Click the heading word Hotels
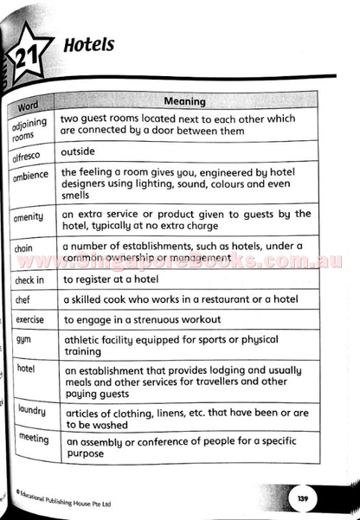pyautogui.click(x=89, y=44)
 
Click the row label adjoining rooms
pyautogui.click(x=30, y=129)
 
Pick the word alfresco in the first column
pyautogui.click(x=30, y=156)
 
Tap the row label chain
pyautogui.click(x=24, y=249)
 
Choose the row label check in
pyautogui.click(x=29, y=280)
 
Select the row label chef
pyautogui.click(x=23, y=299)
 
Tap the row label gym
pyautogui.click(x=23, y=339)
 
